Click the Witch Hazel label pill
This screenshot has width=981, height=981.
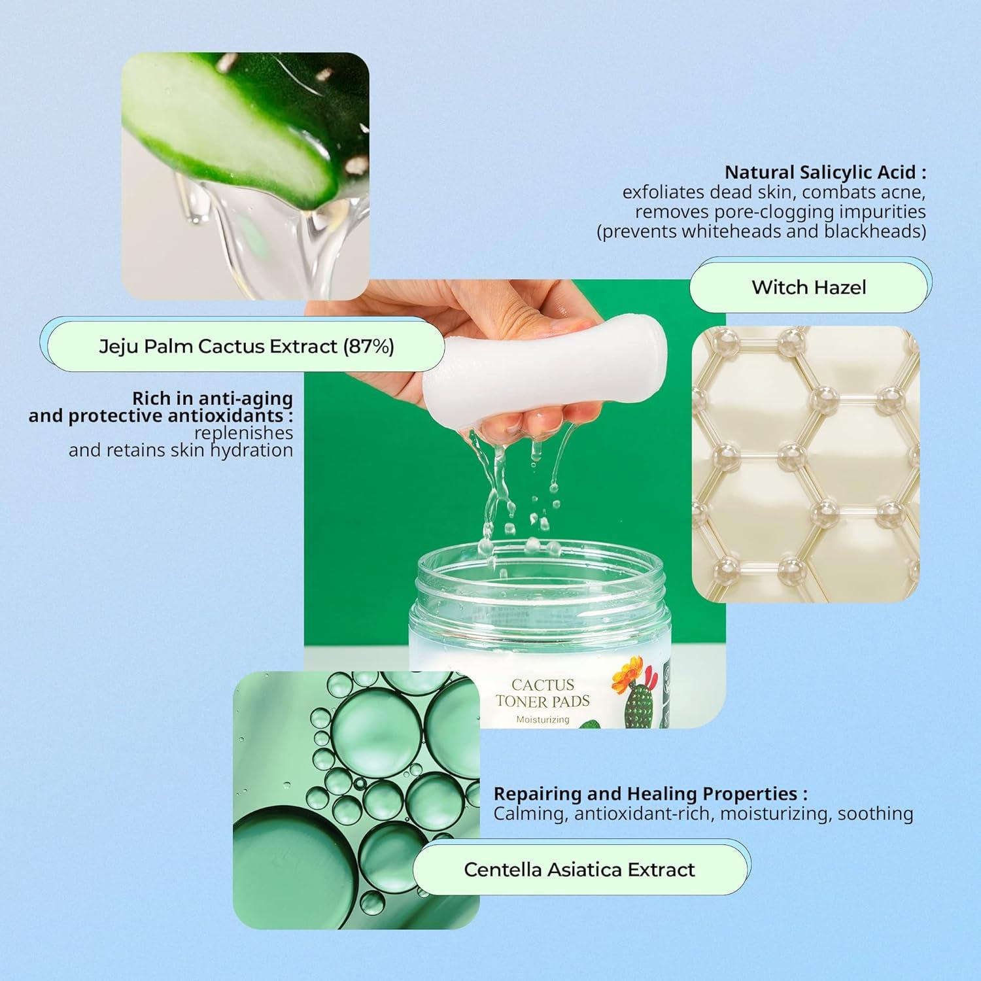click(809, 287)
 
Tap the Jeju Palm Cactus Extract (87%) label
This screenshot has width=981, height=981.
click(247, 346)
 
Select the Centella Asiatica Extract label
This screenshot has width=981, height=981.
click(579, 869)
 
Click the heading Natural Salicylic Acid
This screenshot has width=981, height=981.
click(825, 173)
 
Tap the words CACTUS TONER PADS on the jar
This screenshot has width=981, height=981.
click(542, 693)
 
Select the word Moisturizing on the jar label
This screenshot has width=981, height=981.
click(542, 719)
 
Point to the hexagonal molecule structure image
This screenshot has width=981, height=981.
click(806, 464)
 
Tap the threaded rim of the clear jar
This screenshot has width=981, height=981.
click(540, 576)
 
